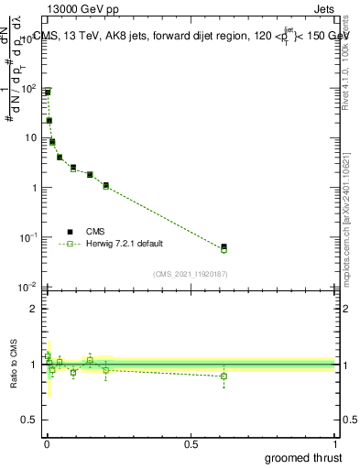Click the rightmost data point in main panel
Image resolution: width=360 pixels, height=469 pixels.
click(224, 247)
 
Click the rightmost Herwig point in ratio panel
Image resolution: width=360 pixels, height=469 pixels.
click(224, 376)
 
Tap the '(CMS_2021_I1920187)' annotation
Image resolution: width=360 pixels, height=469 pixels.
click(190, 274)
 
